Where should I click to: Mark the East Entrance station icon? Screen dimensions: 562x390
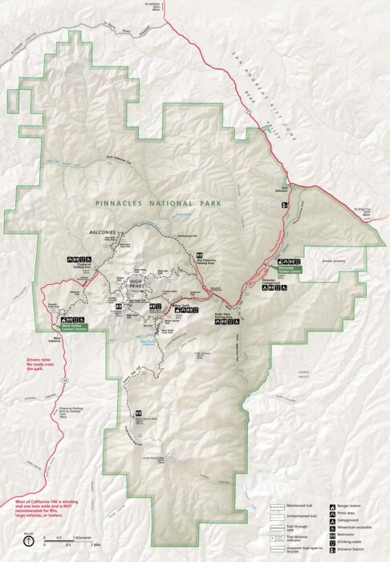tap(283, 206)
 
